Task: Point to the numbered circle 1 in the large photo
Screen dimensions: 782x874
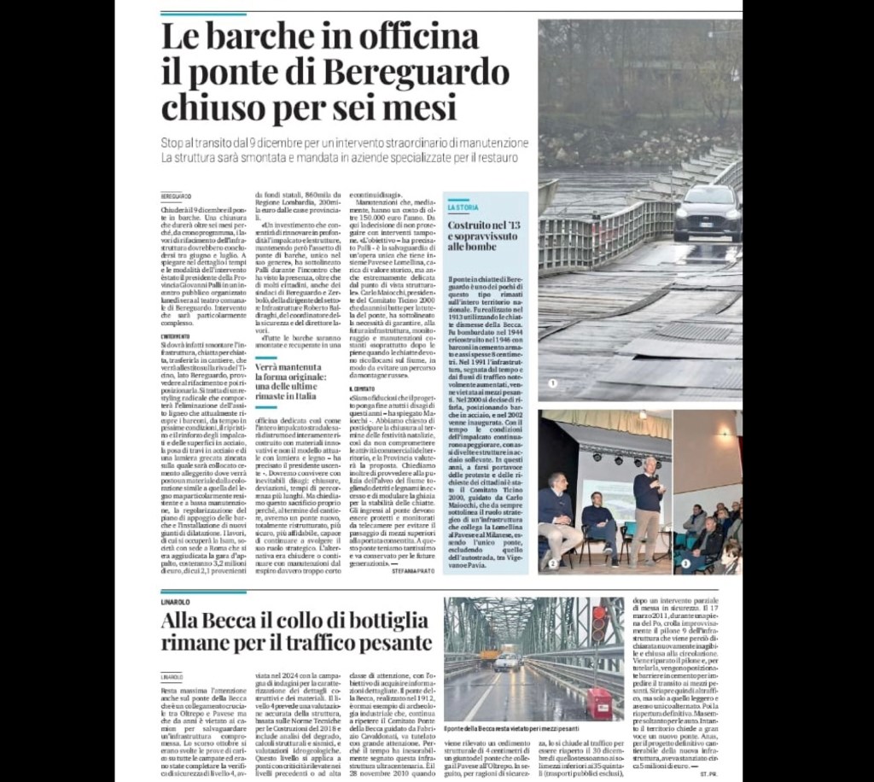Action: (552, 383)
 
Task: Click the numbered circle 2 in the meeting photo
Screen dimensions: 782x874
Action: (552, 563)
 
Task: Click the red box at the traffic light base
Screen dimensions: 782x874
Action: (599, 702)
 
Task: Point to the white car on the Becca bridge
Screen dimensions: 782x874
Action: (507, 661)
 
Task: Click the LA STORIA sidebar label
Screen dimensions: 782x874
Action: (463, 207)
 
